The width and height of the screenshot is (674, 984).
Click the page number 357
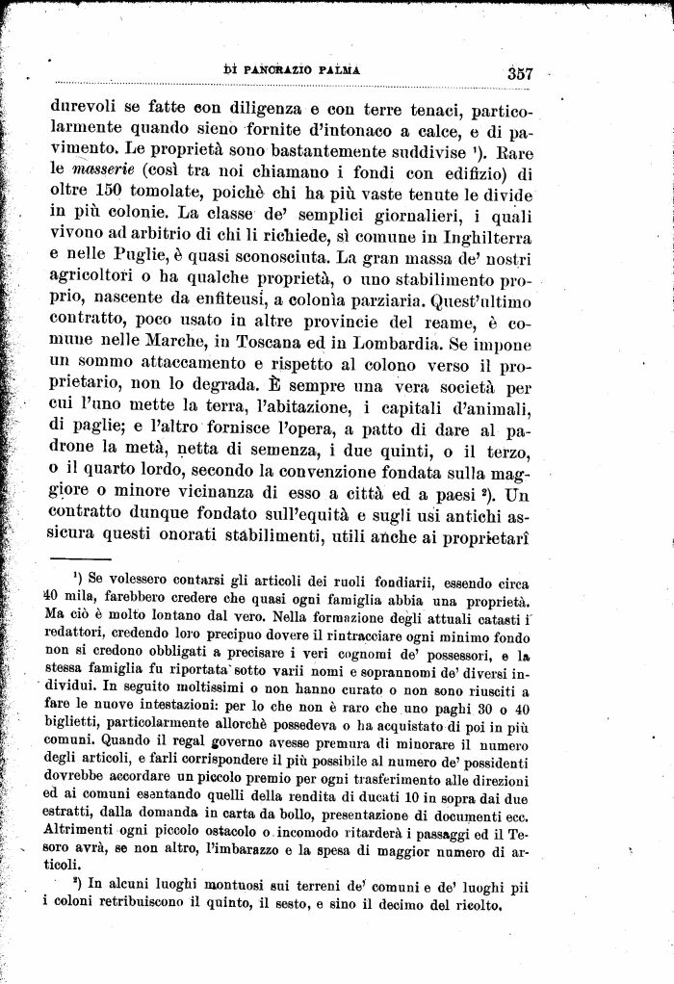tap(519, 72)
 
